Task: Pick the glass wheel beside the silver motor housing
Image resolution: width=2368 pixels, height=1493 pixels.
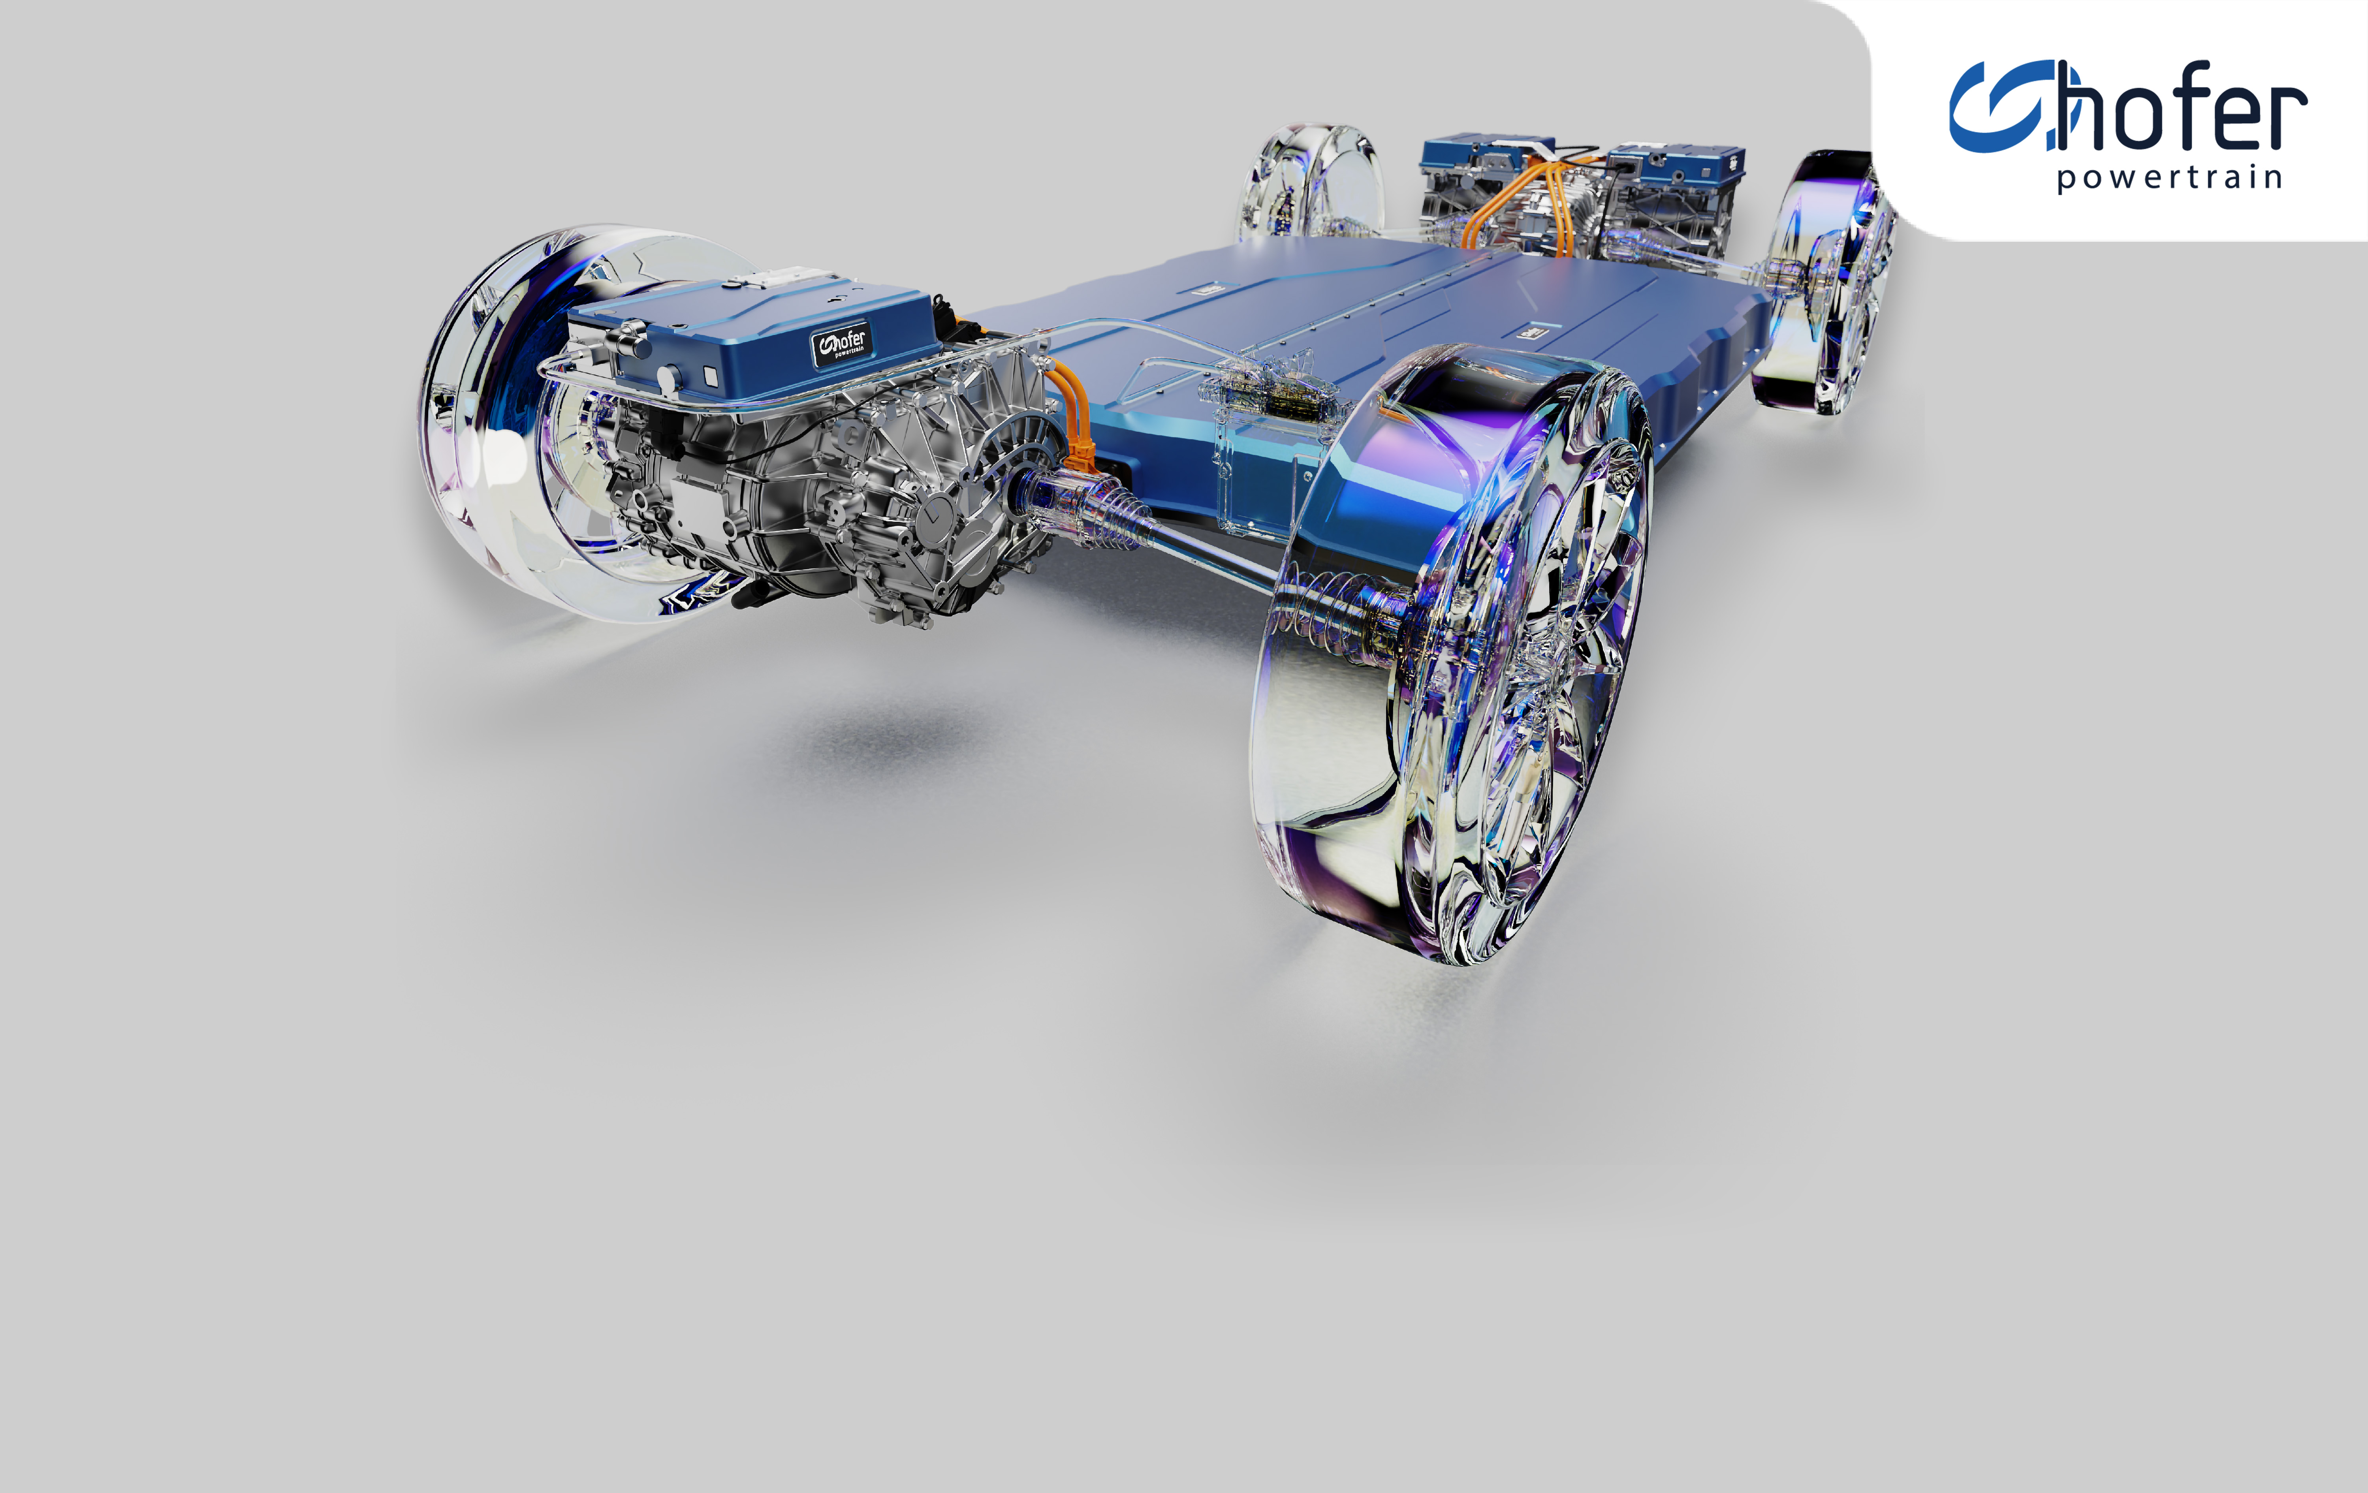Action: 580,423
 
